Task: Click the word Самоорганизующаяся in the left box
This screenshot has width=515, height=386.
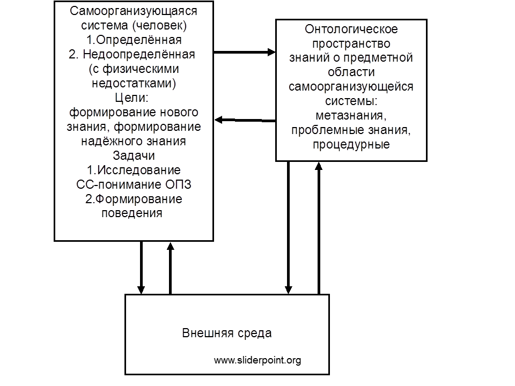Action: tap(134, 11)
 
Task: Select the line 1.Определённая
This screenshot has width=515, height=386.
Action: tap(134, 40)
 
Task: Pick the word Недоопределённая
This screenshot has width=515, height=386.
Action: tap(139, 54)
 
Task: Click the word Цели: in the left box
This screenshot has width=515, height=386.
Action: tap(132, 98)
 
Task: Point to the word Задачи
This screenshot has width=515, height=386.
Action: tap(134, 155)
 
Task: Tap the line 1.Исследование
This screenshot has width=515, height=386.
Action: tap(134, 170)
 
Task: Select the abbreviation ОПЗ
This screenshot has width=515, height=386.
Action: tap(178, 184)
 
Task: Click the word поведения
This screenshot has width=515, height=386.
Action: tap(132, 213)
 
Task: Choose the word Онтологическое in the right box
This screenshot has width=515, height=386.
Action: tap(351, 29)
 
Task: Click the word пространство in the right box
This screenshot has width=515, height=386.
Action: tap(351, 43)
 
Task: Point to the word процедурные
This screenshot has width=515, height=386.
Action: tap(351, 144)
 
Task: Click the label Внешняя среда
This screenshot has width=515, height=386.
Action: tap(227, 333)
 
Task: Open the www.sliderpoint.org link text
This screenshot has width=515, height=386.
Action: tap(257, 360)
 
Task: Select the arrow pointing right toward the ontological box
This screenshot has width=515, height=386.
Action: tap(245, 52)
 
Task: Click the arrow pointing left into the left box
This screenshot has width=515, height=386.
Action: tap(245, 121)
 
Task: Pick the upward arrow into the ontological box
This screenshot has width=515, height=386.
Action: tap(319, 228)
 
